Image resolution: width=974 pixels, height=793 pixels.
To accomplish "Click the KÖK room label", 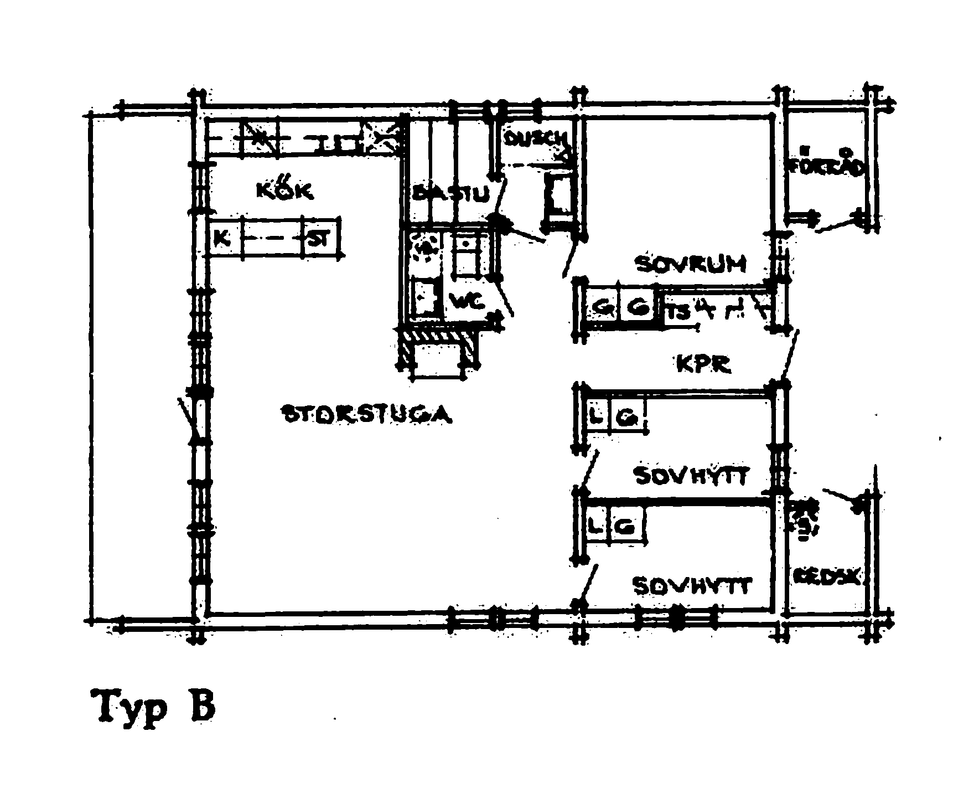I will pos(285,190).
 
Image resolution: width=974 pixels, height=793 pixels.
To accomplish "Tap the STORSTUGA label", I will pos(367,414).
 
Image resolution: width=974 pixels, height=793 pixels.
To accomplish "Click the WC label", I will pos(468,302).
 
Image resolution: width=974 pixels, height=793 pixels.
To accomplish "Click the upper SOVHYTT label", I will pos(692,475).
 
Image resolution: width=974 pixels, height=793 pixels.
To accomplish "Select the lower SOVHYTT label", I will pos(692,585).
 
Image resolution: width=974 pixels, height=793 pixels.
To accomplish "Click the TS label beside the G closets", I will pos(679,313).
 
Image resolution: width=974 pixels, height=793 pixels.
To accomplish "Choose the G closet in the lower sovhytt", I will pos(625,527).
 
